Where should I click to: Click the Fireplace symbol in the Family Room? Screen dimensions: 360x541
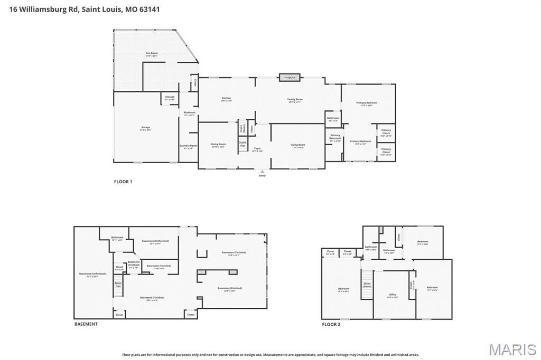coord(290,78)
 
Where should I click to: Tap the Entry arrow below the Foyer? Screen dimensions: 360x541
coord(262,172)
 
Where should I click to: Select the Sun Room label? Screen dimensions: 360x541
coord(152,54)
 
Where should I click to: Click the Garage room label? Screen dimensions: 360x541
coord(145,128)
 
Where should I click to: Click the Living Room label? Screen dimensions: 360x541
coord(297,146)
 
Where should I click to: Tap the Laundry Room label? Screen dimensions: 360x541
coord(188,147)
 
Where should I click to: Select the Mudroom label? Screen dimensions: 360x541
coord(189,113)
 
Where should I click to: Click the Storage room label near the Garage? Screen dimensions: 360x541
coord(170,98)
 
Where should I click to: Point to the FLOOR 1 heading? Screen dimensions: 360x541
coord(123,182)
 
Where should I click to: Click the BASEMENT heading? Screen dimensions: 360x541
coord(86,324)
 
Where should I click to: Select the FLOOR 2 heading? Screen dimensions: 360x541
coord(331,324)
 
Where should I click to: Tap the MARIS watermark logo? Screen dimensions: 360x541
coord(512,349)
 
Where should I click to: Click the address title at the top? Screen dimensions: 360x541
coord(81,9)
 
